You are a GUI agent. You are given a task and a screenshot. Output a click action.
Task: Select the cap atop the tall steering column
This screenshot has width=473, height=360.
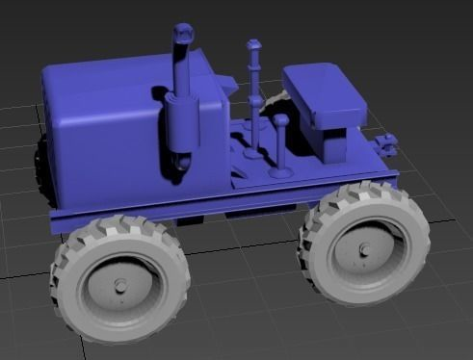[x=253, y=46]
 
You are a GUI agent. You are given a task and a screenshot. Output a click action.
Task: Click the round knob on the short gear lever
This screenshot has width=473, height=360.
[x=281, y=122]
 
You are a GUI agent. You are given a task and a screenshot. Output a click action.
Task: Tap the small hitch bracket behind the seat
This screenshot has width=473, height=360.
[x=388, y=145]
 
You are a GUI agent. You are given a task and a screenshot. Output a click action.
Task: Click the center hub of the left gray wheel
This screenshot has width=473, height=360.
[x=121, y=286]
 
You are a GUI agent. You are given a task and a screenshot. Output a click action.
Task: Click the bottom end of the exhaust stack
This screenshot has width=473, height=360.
[x=179, y=167]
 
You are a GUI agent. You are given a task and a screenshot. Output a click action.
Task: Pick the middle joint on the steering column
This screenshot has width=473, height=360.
[x=255, y=100]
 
